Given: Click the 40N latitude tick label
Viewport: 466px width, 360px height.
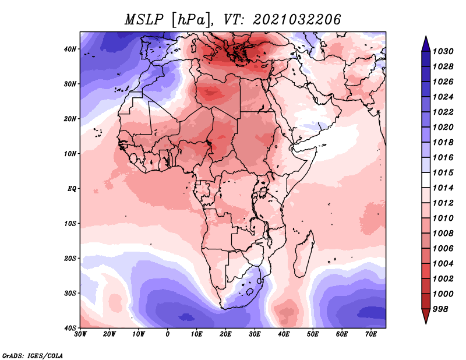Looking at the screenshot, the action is coord(70,49).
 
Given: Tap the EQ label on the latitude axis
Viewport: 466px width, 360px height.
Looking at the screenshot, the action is coord(72,189).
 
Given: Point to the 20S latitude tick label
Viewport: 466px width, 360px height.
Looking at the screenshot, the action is coord(70,258).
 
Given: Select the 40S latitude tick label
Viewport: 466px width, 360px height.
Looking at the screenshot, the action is coord(70,328).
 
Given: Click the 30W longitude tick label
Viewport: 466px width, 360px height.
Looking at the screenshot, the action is coord(80,334).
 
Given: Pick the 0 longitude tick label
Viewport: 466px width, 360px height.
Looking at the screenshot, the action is coord(168,334).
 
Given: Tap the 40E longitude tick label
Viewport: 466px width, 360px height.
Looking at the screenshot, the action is coord(284,334).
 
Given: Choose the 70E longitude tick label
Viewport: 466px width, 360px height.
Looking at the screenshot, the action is coord(371,334).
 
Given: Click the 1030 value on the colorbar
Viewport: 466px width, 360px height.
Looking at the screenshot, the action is coord(443,51).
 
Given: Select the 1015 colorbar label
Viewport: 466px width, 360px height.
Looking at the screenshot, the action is coord(443,172).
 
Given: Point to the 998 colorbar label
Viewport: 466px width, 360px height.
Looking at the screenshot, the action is coord(440,309).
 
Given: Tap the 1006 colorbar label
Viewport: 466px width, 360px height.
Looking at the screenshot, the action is coord(443,249).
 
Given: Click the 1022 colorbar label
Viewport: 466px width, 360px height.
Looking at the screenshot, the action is coord(443,112).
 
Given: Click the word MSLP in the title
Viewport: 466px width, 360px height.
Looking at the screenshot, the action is coord(144,20).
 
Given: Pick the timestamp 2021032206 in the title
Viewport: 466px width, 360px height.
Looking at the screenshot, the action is coord(296,20).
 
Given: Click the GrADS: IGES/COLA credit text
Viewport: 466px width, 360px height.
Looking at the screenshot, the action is coord(33,355).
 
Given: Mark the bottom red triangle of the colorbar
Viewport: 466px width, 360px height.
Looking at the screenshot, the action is coord(426,316).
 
